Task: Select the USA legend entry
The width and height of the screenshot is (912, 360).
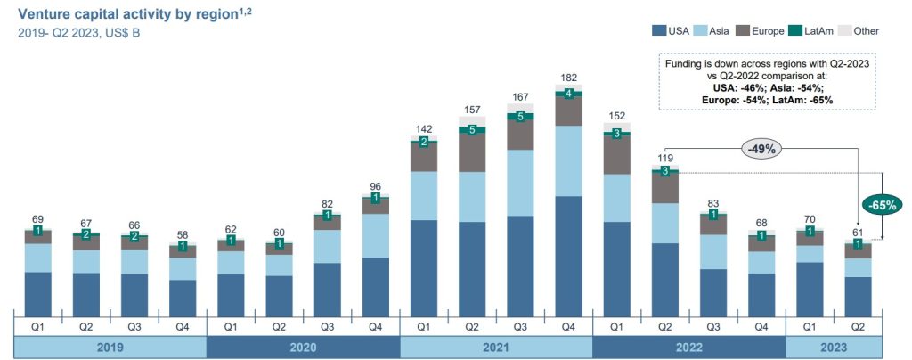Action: click(x=676, y=31)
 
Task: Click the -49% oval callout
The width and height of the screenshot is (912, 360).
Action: click(x=763, y=150)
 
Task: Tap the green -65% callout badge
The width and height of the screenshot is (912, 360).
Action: click(x=883, y=204)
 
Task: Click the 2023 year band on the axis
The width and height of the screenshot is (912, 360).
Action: click(x=833, y=347)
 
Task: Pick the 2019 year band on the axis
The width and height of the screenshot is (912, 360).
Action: click(x=110, y=347)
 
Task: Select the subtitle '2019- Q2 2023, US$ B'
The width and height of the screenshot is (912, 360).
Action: click(x=78, y=33)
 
